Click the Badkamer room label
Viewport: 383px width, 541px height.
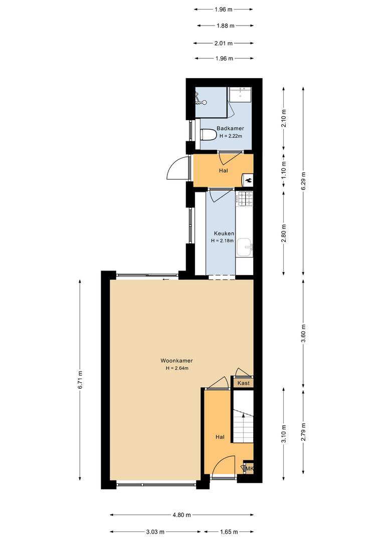click(x=230, y=128)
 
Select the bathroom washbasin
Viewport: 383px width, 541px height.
click(x=240, y=94)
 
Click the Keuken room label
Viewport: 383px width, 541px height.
click(x=224, y=233)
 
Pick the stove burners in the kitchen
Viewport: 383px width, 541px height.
click(x=245, y=199)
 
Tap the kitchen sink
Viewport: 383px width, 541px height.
click(x=245, y=247)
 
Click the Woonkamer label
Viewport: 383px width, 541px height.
click(x=176, y=361)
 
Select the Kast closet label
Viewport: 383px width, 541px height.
click(x=244, y=383)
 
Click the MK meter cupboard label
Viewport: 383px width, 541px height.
click(x=249, y=468)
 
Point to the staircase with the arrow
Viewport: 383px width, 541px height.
click(x=243, y=416)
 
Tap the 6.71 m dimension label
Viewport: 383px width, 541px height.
click(x=80, y=380)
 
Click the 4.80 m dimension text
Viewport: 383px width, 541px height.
click(x=181, y=515)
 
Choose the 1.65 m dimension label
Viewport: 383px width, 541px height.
click(x=229, y=531)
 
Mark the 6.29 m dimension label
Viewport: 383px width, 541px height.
click(x=304, y=181)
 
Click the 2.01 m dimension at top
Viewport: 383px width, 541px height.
click(x=223, y=43)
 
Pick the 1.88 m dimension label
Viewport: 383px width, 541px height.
click(x=225, y=26)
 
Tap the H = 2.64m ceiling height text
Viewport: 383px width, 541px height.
click(x=177, y=368)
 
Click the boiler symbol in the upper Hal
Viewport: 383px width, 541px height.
click(x=248, y=179)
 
